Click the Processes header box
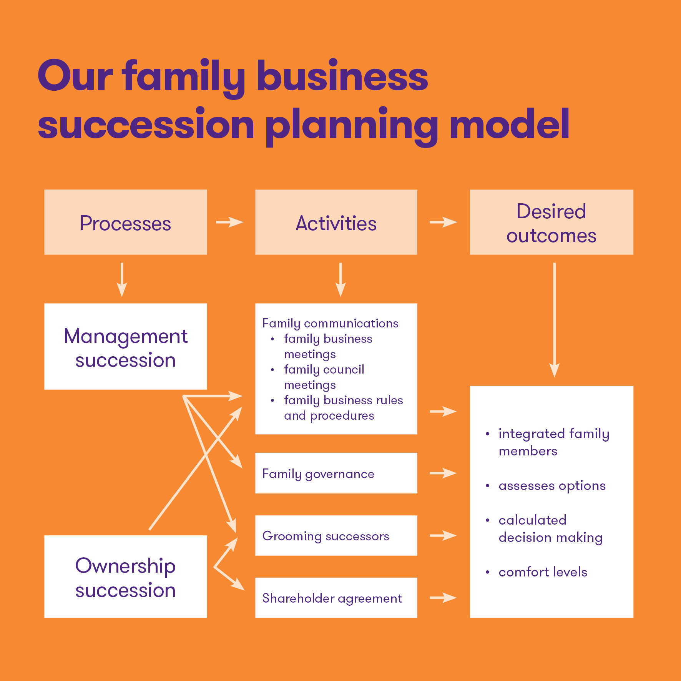(x=126, y=222)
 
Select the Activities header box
(x=336, y=222)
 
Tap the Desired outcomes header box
(x=551, y=222)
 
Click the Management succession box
(x=126, y=347)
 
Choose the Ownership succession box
(x=126, y=576)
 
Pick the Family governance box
(x=336, y=473)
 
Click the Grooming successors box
(x=336, y=535)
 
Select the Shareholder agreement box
(x=336, y=598)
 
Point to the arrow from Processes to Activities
(x=229, y=222)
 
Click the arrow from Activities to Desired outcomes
(x=443, y=222)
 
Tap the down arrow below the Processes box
(x=122, y=279)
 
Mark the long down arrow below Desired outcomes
(x=554, y=319)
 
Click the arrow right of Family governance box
(x=443, y=473)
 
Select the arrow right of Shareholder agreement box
(x=443, y=598)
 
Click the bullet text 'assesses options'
(x=552, y=486)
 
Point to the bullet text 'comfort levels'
(x=543, y=572)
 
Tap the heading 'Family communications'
(x=330, y=323)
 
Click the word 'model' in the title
(x=510, y=124)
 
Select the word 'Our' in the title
(x=75, y=76)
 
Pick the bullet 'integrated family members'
(x=553, y=442)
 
